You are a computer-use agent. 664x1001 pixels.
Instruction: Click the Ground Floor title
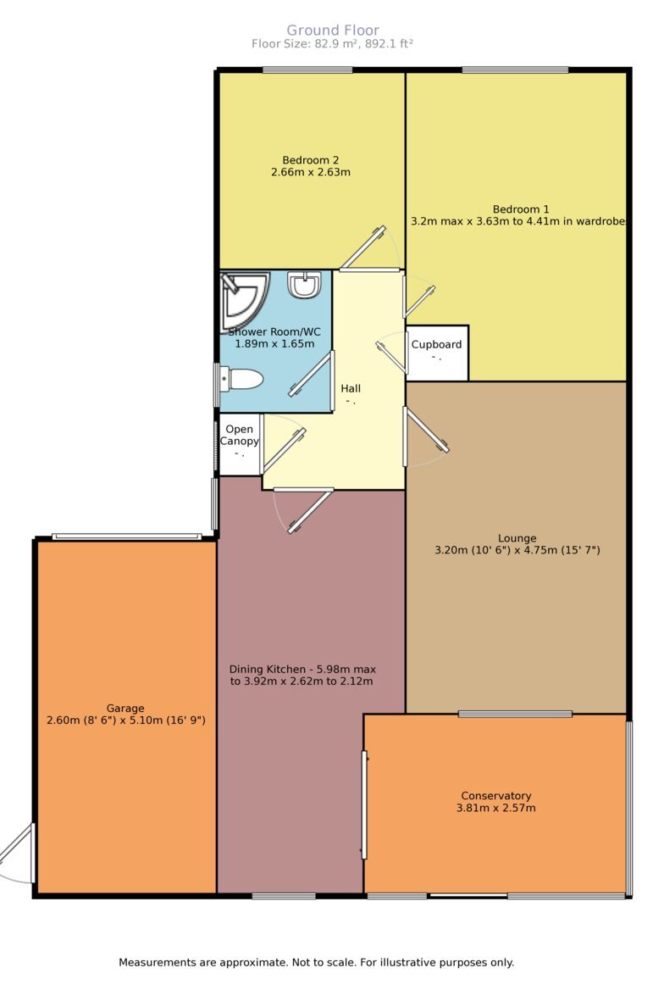point(332,30)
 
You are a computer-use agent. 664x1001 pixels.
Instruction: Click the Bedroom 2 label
point(311,160)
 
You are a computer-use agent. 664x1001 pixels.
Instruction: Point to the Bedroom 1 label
point(521,209)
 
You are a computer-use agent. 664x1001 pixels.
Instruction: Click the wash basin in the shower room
point(304,285)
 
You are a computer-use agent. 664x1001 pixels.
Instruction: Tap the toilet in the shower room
point(241,379)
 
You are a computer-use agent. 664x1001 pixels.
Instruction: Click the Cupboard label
point(436,345)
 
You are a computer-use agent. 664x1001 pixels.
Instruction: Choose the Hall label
point(350,388)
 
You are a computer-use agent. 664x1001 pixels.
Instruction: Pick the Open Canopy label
point(239,435)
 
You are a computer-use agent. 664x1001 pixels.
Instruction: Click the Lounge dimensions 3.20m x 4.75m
point(517,550)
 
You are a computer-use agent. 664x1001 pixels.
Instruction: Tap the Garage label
point(125,708)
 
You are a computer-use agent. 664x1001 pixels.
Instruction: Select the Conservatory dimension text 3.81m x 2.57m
point(495,809)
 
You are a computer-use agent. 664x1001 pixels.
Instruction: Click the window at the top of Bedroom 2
point(307,70)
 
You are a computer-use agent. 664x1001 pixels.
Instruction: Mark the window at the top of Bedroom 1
point(515,70)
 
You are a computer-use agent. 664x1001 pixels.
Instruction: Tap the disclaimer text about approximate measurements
point(317,963)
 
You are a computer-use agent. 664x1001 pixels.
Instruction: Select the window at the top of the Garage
point(127,537)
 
